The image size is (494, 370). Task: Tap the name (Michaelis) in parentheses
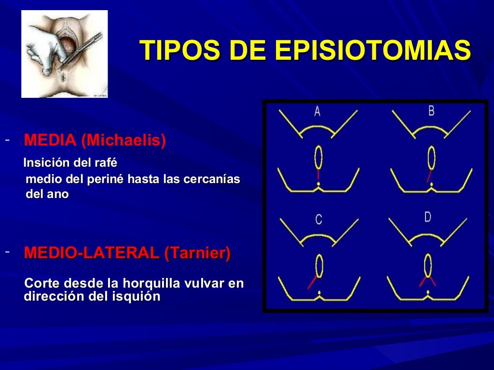click(x=123, y=140)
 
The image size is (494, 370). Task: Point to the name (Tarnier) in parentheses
click(x=197, y=253)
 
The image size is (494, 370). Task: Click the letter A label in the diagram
click(x=317, y=112)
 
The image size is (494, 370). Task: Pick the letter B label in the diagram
click(x=431, y=111)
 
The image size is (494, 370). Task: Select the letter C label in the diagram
click(x=318, y=220)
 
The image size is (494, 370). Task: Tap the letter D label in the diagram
click(x=427, y=217)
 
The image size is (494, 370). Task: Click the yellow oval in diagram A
click(x=318, y=158)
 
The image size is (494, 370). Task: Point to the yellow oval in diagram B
click(x=432, y=158)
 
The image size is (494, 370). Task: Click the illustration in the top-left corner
click(x=65, y=54)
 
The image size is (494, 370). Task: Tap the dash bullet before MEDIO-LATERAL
click(x=7, y=252)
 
